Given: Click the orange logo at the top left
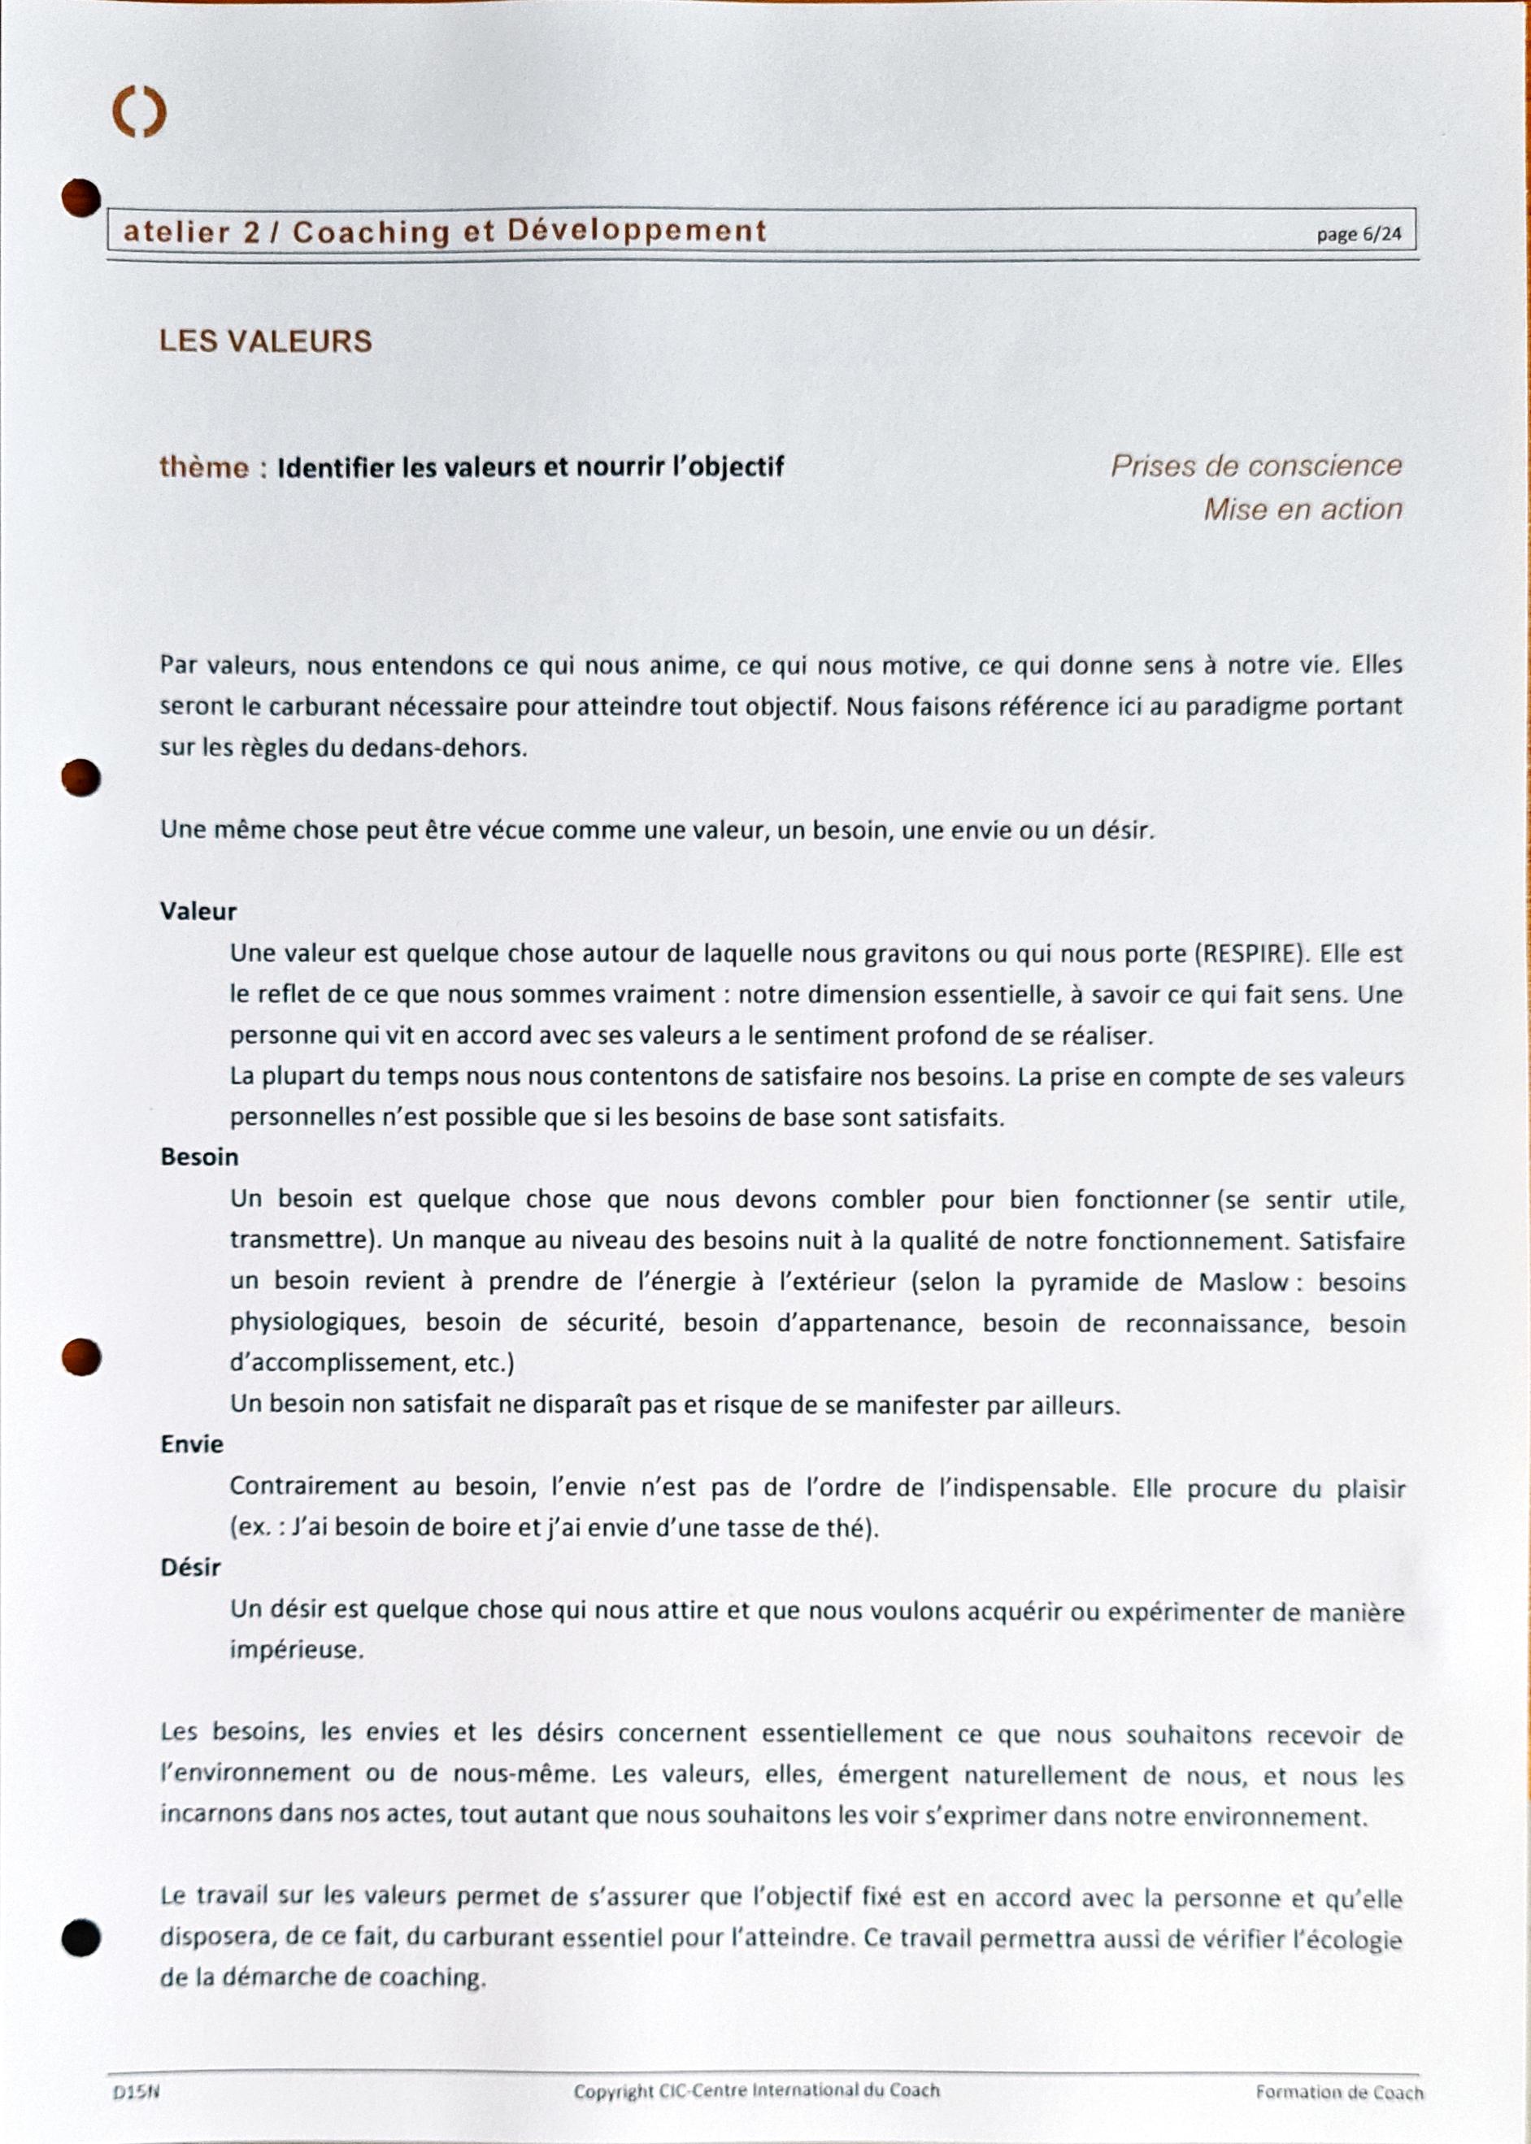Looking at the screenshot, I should [140, 113].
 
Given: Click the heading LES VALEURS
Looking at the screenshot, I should [266, 341].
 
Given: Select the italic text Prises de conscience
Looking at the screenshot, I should [1255, 466].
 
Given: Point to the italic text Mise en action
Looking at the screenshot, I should [1302, 510].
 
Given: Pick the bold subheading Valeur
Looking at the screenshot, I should [198, 911].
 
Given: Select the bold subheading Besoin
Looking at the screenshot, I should [199, 1157].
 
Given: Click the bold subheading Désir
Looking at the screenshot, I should [190, 1569].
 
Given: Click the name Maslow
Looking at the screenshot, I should [1242, 1282].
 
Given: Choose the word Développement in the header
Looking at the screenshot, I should [637, 232].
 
